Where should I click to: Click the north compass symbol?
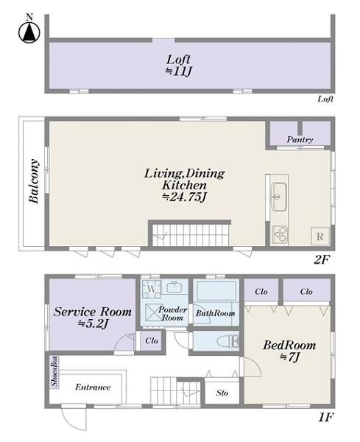(29, 30)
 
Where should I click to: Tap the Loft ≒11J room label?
(178, 66)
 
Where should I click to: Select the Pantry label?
(300, 139)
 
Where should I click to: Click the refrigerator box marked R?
(320, 236)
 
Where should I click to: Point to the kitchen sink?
(279, 197)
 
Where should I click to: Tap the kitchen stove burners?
(280, 234)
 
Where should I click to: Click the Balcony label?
(34, 181)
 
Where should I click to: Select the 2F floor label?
(322, 259)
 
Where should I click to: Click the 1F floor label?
(326, 417)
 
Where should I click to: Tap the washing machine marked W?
(151, 289)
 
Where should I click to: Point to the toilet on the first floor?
(228, 341)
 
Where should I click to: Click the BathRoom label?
(215, 313)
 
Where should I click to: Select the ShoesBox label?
(54, 371)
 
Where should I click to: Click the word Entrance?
(93, 387)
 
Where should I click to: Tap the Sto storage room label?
(222, 393)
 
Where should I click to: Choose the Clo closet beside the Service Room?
(152, 340)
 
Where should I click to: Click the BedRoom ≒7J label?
(289, 351)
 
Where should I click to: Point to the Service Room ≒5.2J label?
(93, 318)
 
